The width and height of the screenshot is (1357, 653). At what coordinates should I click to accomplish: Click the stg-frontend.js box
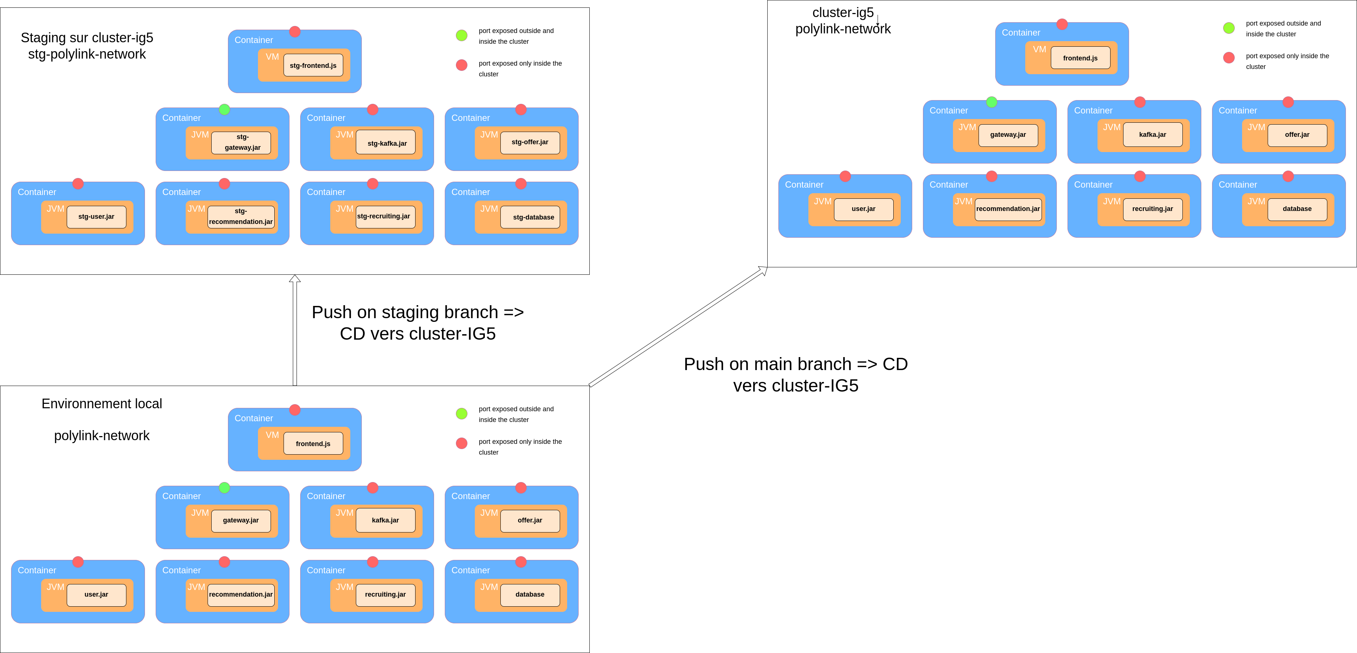(313, 65)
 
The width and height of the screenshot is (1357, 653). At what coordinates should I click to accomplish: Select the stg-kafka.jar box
(387, 143)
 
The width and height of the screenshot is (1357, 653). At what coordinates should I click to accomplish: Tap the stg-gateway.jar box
(241, 143)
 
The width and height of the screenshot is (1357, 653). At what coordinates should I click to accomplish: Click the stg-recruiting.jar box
(385, 217)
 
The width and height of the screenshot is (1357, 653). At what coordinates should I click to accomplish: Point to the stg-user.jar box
(96, 217)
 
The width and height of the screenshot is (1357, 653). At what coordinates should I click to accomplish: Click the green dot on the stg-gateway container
(224, 110)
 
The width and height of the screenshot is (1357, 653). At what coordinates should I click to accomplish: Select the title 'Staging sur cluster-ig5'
(87, 38)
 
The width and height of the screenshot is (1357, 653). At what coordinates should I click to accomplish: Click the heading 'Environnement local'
(102, 404)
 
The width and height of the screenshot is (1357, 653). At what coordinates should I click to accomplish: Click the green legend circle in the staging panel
(461, 35)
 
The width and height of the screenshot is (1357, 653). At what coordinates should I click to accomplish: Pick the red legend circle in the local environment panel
(461, 443)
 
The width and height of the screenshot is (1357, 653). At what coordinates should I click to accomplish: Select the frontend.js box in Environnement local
(313, 444)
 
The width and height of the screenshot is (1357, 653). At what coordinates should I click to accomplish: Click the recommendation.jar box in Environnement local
(241, 594)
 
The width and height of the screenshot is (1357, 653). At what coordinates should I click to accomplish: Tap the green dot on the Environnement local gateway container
(224, 488)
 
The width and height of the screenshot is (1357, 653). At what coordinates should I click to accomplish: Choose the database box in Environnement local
(530, 594)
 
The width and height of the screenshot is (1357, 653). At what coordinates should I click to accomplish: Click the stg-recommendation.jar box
(241, 217)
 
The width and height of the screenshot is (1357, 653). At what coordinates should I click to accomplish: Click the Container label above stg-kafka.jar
(326, 118)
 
